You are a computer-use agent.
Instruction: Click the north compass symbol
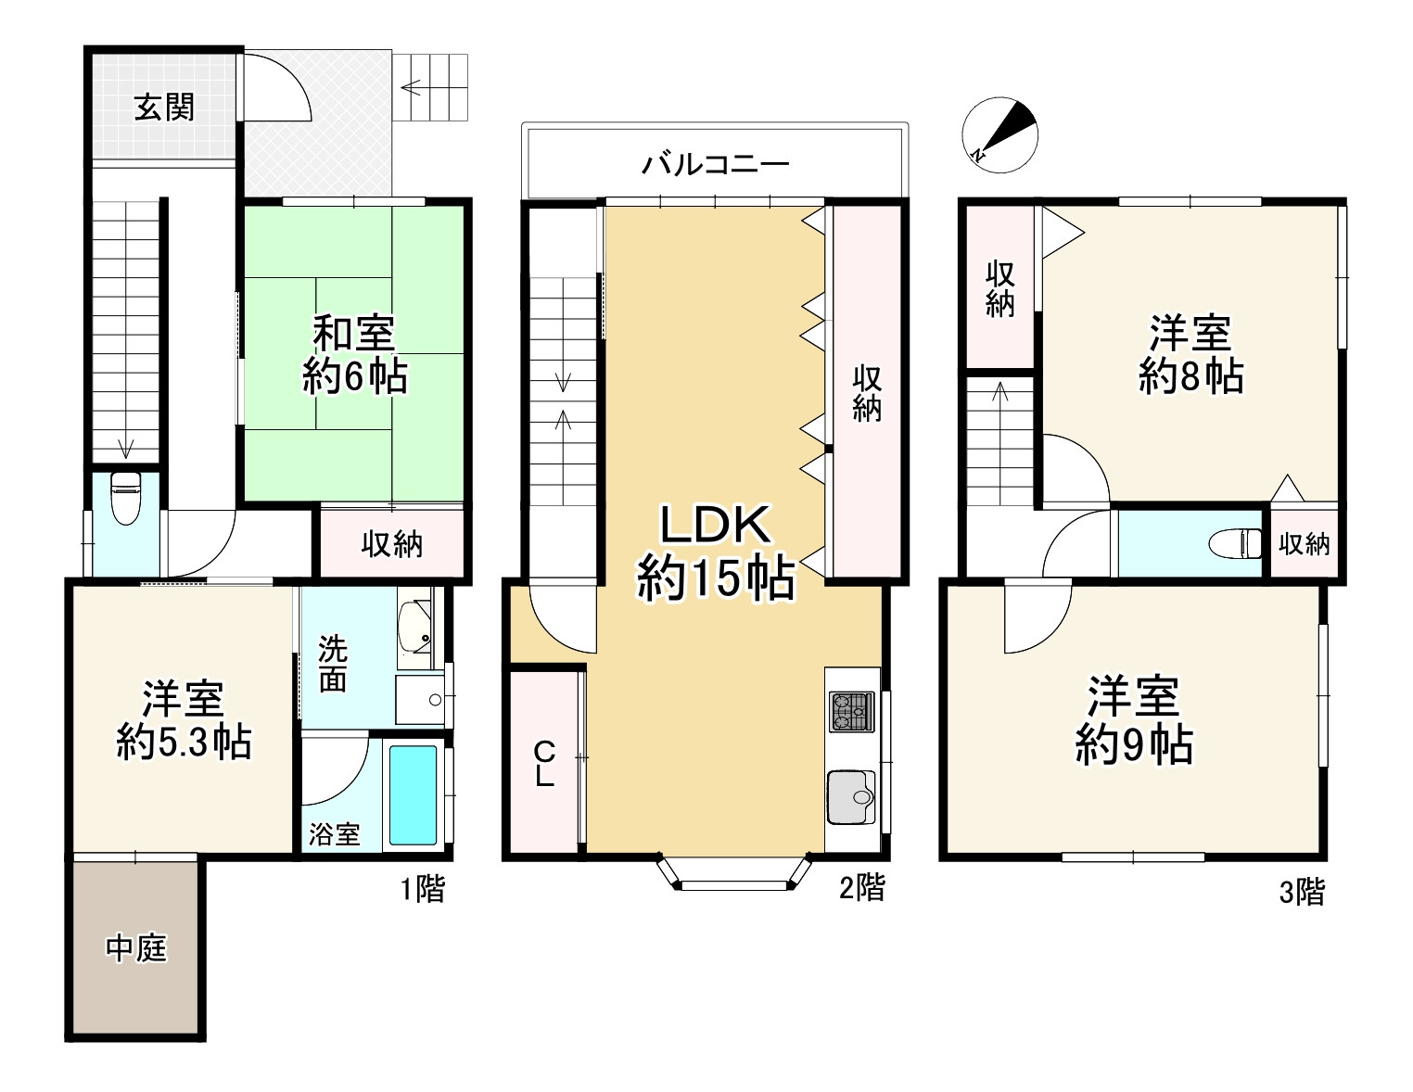(999, 134)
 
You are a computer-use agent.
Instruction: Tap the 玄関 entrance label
(164, 108)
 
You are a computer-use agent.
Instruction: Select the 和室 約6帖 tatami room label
(354, 355)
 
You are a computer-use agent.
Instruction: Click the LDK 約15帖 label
(715, 553)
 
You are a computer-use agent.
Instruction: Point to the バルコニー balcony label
(716, 166)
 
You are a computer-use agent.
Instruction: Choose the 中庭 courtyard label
(135, 948)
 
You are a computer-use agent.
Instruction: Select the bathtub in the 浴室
(413, 794)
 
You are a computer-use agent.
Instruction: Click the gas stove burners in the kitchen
(851, 712)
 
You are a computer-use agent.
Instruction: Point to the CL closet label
(543, 763)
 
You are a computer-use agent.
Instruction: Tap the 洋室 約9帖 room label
(1133, 720)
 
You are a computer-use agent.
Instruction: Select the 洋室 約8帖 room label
(1190, 354)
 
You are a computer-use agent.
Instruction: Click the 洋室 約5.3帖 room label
(184, 720)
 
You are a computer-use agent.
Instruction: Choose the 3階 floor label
(1302, 893)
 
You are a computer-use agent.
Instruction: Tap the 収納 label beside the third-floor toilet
(1304, 544)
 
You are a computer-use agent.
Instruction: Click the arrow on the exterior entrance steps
(412, 89)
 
